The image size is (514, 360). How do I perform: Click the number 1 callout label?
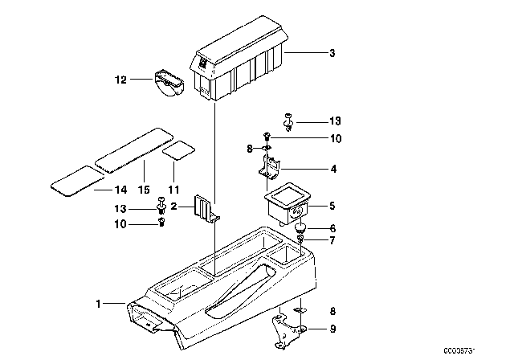98,304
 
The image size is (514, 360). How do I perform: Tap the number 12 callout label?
120,79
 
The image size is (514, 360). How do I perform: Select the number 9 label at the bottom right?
332,328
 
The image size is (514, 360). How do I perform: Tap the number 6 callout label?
332,229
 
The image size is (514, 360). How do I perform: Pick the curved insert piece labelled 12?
169,84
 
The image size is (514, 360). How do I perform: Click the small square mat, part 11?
178,150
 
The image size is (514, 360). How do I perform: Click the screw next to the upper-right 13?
288,121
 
